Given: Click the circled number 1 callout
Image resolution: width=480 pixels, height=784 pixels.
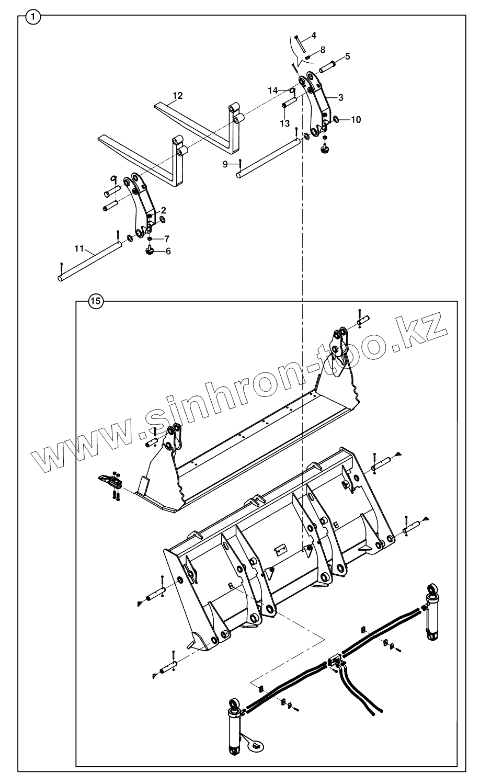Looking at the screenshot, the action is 33,17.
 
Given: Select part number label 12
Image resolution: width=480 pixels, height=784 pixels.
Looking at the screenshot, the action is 178,96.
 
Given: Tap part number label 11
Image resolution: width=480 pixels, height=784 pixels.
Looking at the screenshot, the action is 79,249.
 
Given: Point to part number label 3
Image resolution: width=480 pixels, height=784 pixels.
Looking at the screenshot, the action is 340,97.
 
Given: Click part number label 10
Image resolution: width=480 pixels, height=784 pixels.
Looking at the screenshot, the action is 356,120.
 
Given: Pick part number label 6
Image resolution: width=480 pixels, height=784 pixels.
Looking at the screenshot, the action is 168,251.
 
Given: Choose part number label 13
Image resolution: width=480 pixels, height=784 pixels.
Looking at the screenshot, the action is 284,124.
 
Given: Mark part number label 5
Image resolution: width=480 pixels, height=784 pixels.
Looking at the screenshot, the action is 347,56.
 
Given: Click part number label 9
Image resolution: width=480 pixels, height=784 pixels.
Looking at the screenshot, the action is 225,164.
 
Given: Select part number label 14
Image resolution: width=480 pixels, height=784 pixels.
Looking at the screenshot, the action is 272,90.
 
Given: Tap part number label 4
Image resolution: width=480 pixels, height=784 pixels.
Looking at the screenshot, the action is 313,36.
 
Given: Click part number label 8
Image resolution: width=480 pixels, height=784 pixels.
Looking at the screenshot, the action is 323,50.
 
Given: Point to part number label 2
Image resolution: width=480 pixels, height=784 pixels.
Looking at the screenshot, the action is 163,210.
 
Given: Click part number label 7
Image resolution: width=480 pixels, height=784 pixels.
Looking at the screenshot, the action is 166,239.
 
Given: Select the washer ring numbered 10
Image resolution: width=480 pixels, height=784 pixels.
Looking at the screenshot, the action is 336,120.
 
